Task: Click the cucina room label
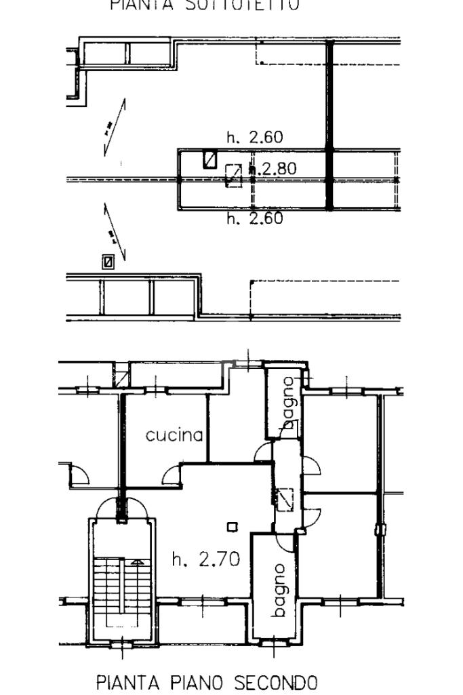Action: point(174,435)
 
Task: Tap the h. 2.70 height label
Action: point(205,559)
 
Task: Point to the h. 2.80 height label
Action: point(273,169)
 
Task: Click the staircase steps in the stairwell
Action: point(119,583)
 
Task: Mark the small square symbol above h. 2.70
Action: point(233,526)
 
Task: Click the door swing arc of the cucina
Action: point(172,474)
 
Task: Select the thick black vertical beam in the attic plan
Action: point(330,125)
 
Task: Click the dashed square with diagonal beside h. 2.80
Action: point(234,175)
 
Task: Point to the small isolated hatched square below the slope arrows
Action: point(107,261)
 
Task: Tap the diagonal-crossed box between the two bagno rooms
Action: point(285,499)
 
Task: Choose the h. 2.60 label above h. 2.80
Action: point(255,138)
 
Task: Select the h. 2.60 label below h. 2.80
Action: point(255,218)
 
